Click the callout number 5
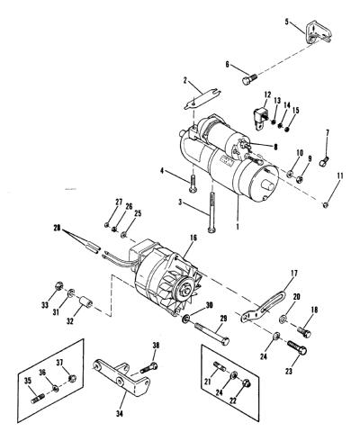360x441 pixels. [x=287, y=22]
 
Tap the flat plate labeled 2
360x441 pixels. [x=202, y=100]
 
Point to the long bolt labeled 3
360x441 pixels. [x=211, y=212]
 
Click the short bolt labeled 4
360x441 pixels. [x=193, y=184]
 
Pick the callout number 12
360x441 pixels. [x=267, y=95]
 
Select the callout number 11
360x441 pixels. [x=339, y=175]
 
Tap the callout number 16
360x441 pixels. [x=193, y=238]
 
